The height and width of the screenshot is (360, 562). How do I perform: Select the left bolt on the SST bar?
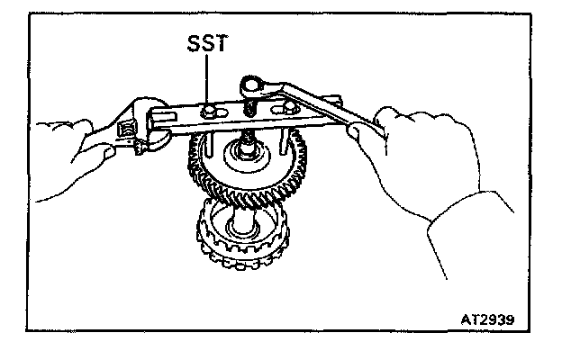212,112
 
